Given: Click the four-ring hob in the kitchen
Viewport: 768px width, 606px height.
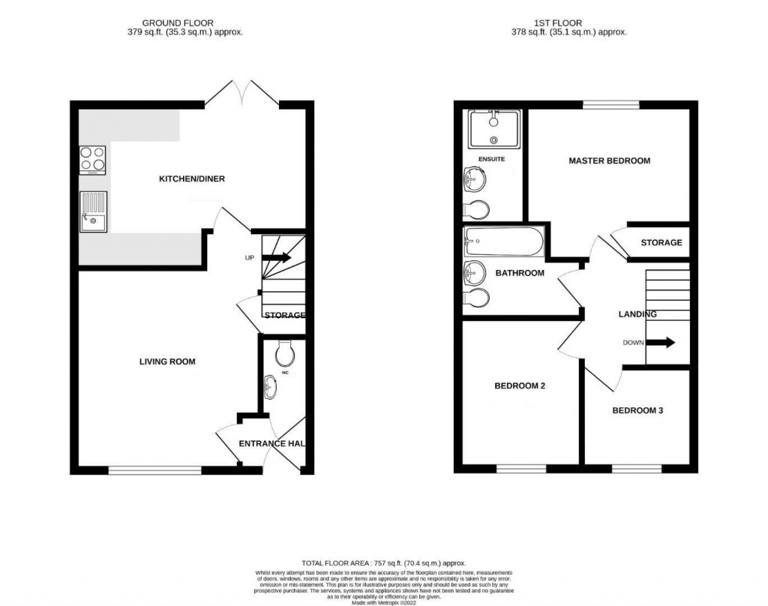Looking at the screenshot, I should [91, 159].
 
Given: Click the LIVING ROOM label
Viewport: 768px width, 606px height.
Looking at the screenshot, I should [166, 361].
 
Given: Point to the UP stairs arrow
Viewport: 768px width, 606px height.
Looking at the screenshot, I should [276, 257].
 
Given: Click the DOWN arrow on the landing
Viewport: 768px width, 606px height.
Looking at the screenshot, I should [660, 343].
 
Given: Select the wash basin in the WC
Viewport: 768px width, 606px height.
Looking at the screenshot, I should [271, 387].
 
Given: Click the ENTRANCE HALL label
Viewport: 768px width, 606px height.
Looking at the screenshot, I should [271, 443].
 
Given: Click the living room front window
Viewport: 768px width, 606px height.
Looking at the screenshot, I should [155, 470].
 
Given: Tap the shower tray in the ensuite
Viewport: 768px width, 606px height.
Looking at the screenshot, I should [493, 130].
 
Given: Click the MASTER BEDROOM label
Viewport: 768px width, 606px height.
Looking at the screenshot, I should [609, 160].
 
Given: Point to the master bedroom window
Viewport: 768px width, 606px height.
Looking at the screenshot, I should [611, 104].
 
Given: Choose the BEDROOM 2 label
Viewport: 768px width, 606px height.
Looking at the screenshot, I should [519, 386].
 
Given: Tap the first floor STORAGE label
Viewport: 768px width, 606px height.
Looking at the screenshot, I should [661, 242].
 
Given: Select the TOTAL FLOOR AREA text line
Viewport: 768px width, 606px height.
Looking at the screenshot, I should [383, 562].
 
